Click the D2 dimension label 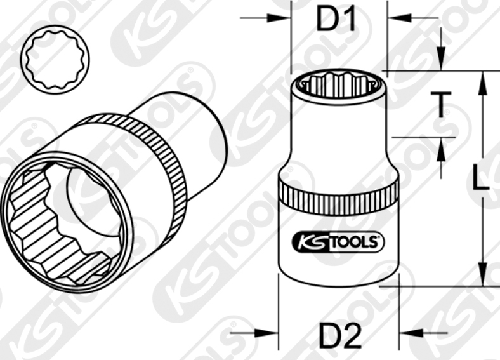338,335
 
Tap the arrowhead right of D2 406,331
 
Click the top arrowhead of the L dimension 482,78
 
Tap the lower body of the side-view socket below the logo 338,270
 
